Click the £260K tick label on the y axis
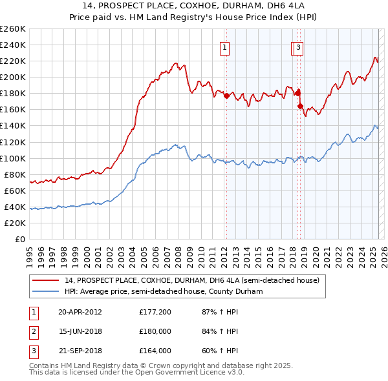(13, 28)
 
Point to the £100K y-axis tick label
(13, 158)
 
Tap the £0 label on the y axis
(20, 239)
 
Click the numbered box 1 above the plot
(224, 47)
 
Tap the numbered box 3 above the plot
(299, 47)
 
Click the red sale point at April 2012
(226, 96)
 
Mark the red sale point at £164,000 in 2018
(301, 106)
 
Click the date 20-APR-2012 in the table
(80, 313)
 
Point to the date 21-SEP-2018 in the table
(80, 351)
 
